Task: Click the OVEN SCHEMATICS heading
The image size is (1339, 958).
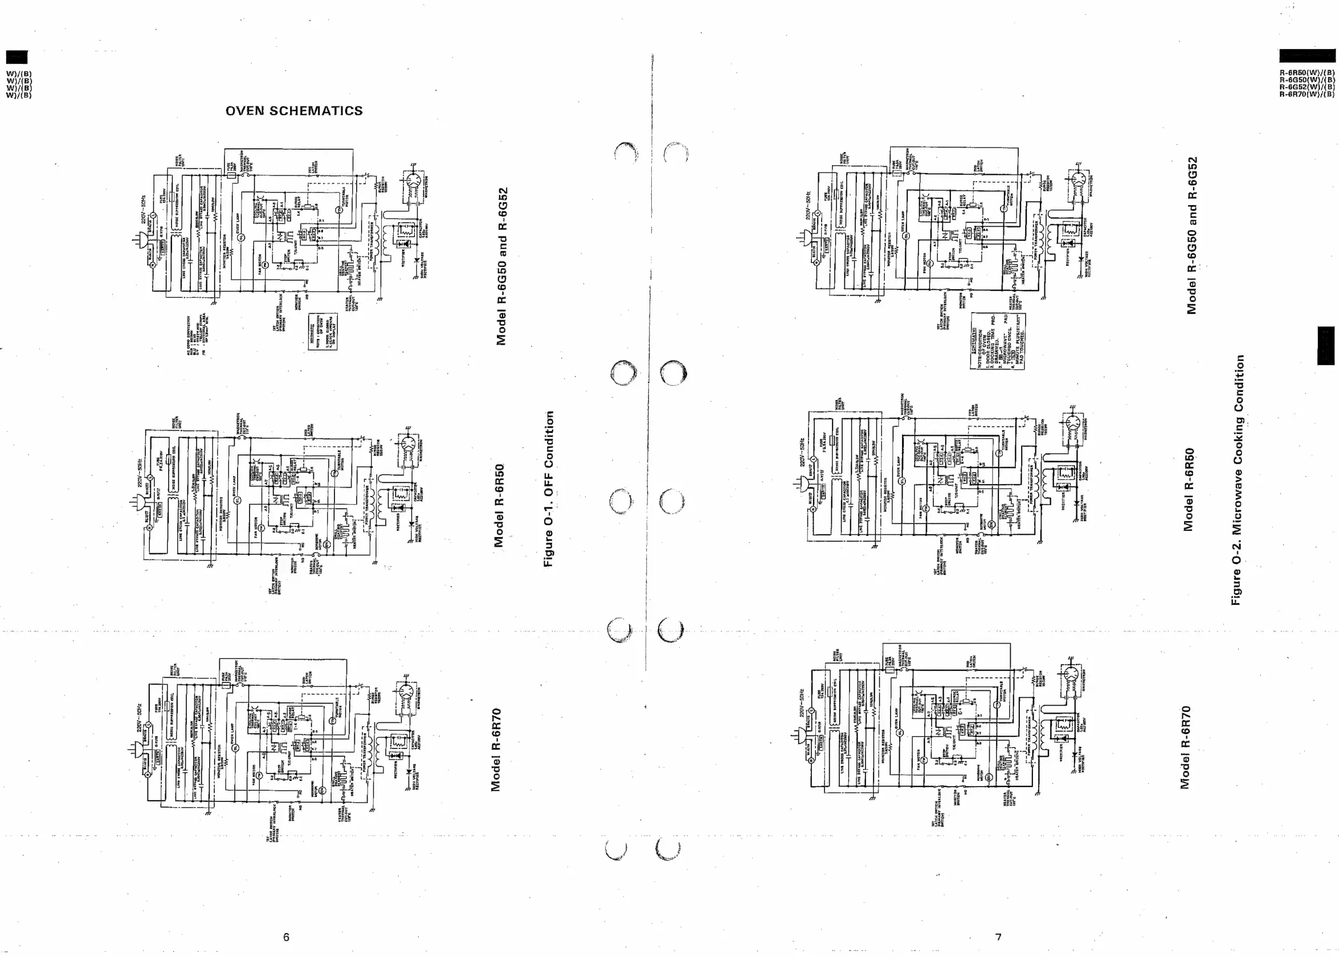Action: pos(294,111)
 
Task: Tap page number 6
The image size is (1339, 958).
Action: pos(286,937)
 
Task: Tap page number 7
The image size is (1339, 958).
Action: pos(998,937)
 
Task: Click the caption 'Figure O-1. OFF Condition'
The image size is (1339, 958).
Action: pos(549,489)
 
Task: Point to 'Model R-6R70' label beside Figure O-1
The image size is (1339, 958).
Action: pos(496,749)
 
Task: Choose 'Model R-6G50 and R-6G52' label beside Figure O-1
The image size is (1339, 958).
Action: pos(501,266)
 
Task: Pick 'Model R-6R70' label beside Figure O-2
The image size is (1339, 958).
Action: pos(1185,747)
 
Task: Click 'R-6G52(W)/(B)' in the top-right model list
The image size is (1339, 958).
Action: pos(1307,87)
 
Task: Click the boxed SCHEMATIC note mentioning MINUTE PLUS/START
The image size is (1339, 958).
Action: pos(997,341)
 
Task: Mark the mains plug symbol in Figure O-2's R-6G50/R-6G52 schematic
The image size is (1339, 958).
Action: pos(803,239)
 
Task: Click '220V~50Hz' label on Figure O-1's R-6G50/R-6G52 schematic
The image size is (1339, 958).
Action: pos(143,211)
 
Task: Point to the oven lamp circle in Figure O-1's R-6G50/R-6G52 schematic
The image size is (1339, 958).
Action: pos(241,236)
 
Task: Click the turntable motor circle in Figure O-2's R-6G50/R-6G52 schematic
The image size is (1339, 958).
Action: pos(1004,208)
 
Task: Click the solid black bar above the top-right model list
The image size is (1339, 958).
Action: pos(1307,56)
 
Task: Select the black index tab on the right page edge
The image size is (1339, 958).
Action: pos(1325,346)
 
